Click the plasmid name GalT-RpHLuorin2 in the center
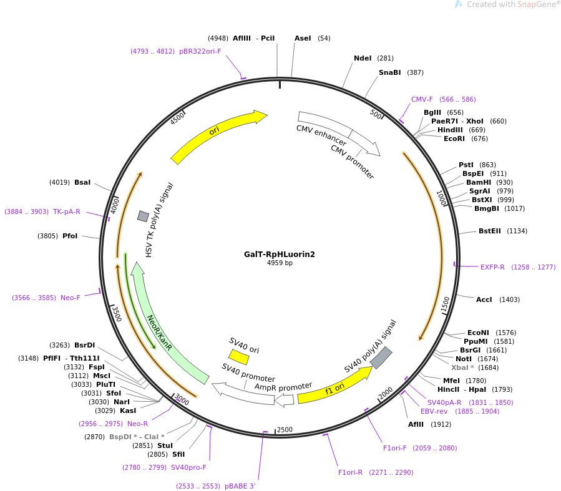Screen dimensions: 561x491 pyautogui.click(x=280, y=255)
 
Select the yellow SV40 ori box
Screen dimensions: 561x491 pyautogui.click(x=238, y=356)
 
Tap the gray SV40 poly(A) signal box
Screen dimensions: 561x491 pyautogui.click(x=381, y=357)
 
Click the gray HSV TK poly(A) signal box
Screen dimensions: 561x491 pyautogui.click(x=143, y=216)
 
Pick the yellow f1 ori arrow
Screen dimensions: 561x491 pyautogui.click(x=334, y=387)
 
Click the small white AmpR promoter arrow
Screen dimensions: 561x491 pyautogui.click(x=285, y=400)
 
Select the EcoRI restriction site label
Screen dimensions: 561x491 pyautogui.click(x=454, y=139)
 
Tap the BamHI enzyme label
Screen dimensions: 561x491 pyautogui.click(x=479, y=182)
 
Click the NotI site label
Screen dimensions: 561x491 pyautogui.click(x=464, y=359)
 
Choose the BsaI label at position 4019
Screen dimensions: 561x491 pyautogui.click(x=82, y=182)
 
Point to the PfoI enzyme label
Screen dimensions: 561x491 pyautogui.click(x=70, y=236)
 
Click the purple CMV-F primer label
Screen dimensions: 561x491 pyautogui.click(x=422, y=99)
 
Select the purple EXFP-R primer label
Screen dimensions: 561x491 pyautogui.click(x=492, y=267)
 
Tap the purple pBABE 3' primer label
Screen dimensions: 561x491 pyautogui.click(x=240, y=487)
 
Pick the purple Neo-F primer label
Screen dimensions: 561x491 pyautogui.click(x=70, y=298)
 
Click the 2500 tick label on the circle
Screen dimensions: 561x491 pyautogui.click(x=285, y=429)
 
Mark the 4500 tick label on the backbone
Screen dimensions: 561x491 pyautogui.click(x=177, y=118)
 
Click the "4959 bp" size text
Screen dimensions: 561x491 pyautogui.click(x=280, y=263)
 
